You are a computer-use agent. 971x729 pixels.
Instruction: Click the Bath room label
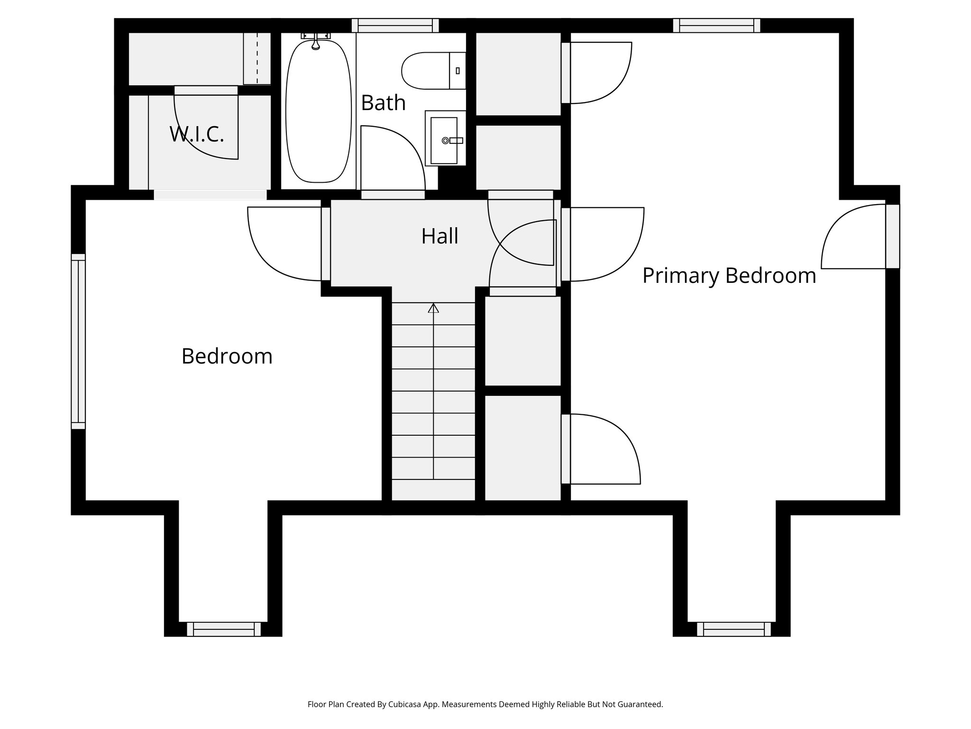coord(383,103)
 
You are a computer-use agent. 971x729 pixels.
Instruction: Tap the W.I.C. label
coord(196,134)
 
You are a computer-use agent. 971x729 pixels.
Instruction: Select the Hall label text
coord(440,236)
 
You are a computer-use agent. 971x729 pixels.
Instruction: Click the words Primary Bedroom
coord(729,275)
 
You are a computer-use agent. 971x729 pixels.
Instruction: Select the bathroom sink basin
coord(443,140)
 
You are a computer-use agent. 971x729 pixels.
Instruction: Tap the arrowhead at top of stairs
coord(433,308)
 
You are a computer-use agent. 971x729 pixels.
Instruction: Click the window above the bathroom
coord(395,25)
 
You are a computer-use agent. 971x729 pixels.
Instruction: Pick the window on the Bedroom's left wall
coord(78,341)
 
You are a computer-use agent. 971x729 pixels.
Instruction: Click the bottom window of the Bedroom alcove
coord(223,629)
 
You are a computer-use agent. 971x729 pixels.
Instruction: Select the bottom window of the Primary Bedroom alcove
coord(733,629)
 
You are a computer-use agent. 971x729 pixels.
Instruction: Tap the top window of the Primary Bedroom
coord(716,25)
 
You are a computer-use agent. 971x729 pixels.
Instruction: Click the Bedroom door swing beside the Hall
coord(280,244)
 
